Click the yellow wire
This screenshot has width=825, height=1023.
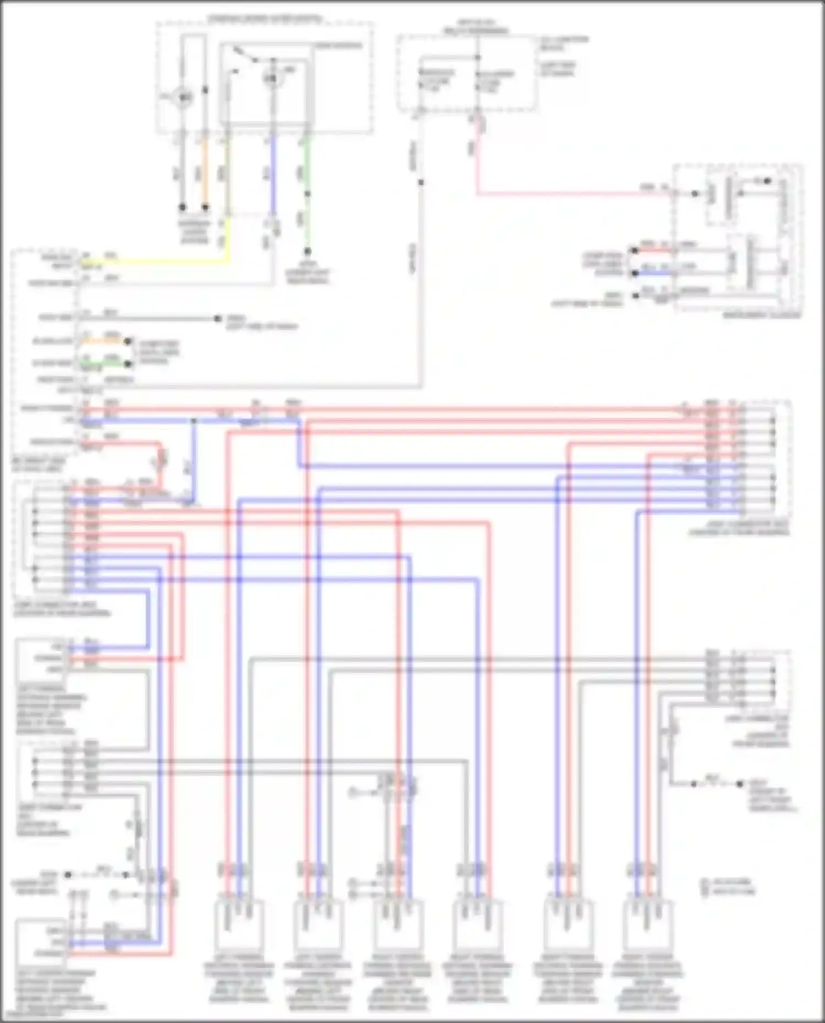coord(165,261)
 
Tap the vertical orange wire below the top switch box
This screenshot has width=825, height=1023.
coord(205,170)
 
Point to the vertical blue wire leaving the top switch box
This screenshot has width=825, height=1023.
coord(272,176)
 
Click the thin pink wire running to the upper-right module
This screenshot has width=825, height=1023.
coord(572,193)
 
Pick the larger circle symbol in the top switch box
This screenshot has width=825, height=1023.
coord(183,98)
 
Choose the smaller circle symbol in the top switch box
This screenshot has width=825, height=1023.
coord(271,79)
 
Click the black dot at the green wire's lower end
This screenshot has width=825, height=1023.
coord(307,251)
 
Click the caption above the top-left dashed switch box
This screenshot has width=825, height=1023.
coord(265,20)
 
